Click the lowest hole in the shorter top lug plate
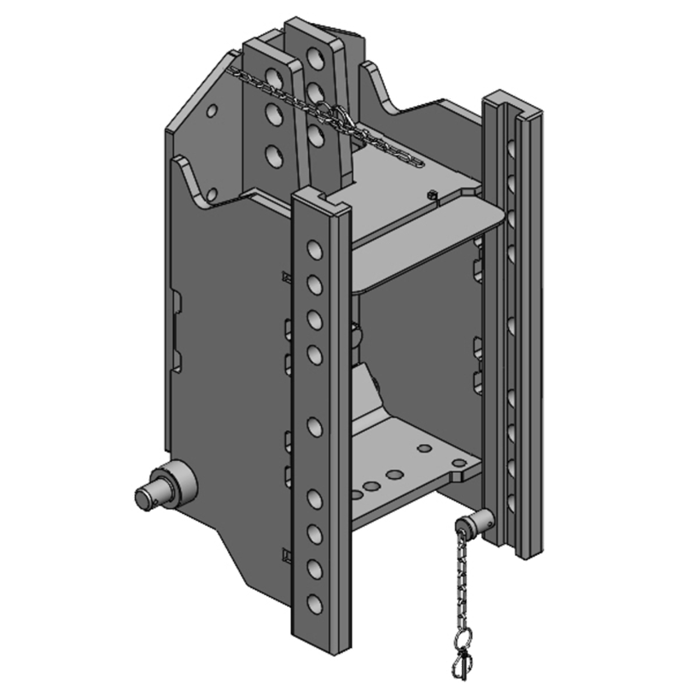[273, 155]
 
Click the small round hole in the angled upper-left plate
[212, 109]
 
